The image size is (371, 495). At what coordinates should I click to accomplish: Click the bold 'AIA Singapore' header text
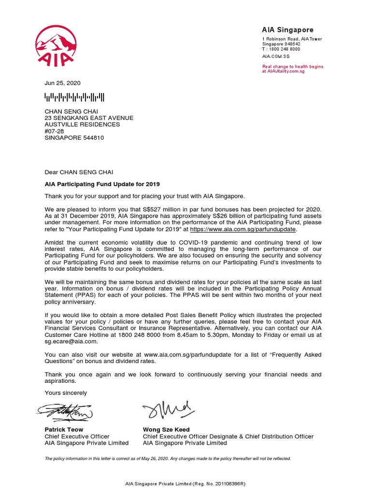pos(288,30)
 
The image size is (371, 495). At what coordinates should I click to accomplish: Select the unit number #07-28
pos(55,131)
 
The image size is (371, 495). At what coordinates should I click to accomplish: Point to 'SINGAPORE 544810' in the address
pos(74,138)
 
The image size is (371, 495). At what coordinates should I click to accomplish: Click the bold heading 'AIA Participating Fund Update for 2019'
pos(102,184)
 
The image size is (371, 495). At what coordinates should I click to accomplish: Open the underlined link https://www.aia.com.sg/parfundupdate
pos(243,230)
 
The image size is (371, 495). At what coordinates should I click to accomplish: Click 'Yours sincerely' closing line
pos(66,393)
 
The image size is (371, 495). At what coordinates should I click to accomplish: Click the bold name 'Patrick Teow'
pos(64,429)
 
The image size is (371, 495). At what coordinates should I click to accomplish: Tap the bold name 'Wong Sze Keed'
pos(166,429)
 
